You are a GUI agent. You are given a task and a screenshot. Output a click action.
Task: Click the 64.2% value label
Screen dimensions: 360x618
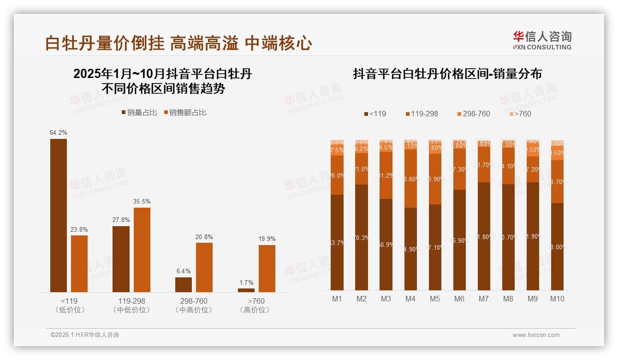click(x=59, y=133)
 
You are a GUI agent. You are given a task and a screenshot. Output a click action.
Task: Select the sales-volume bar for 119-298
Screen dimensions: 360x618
click(x=121, y=259)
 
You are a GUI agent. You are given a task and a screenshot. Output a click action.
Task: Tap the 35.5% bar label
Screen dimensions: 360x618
click(x=142, y=202)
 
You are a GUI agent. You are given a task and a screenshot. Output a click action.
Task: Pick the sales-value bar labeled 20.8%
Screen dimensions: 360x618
click(x=204, y=267)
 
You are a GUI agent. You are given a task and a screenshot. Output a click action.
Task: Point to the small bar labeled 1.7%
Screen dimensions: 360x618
click(x=246, y=290)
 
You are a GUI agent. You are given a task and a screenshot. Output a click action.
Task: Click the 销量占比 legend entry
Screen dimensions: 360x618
click(x=139, y=113)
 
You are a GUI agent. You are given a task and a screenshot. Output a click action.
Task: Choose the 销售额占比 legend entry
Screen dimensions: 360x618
click(x=185, y=113)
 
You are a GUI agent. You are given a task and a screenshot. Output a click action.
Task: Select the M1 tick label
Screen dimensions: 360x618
click(x=337, y=299)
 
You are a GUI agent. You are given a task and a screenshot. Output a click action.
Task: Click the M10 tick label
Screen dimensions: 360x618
click(x=557, y=299)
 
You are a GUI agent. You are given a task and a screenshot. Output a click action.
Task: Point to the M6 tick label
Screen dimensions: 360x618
click(x=459, y=299)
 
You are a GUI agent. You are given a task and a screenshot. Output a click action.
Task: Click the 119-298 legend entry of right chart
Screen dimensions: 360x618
click(x=422, y=114)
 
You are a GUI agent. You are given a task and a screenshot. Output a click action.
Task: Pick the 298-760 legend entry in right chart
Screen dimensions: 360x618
click(x=473, y=114)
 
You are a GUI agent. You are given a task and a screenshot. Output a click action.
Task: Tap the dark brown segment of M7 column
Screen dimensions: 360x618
click(x=484, y=236)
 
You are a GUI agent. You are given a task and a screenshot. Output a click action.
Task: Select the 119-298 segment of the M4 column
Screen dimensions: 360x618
click(x=410, y=179)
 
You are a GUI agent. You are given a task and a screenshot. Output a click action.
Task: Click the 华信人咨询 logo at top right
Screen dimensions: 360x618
click(x=542, y=40)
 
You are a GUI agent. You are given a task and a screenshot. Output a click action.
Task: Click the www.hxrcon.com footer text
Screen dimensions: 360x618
click(x=536, y=335)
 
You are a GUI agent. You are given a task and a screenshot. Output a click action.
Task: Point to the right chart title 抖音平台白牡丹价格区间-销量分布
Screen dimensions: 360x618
click(x=447, y=74)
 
